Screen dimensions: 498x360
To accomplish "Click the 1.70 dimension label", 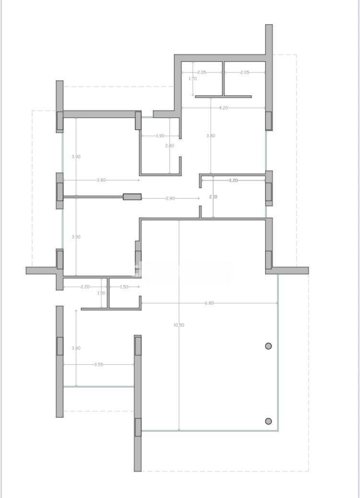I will pyautogui.click(x=192, y=78).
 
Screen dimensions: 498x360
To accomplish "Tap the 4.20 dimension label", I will pyautogui.click(x=223, y=108).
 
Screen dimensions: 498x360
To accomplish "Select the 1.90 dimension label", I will pyautogui.click(x=160, y=136).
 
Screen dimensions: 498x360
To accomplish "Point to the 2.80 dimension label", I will pyautogui.click(x=169, y=146).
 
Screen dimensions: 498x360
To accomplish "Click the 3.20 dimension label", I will pyautogui.click(x=233, y=181).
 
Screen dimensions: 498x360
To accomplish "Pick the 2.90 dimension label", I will pyautogui.click(x=170, y=198).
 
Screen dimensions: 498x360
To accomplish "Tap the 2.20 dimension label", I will pyautogui.click(x=85, y=287).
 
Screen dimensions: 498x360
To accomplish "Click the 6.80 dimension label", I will pyautogui.click(x=209, y=303).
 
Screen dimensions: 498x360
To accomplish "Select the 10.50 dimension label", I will pyautogui.click(x=179, y=325).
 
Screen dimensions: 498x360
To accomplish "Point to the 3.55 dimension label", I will pyautogui.click(x=98, y=364).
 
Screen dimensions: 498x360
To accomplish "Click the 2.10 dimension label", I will pyautogui.click(x=213, y=197).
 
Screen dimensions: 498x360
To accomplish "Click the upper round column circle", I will pyautogui.click(x=268, y=346).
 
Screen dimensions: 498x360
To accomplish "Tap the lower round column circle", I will pyautogui.click(x=268, y=421).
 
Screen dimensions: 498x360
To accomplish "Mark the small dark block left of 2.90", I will pyautogui.click(x=132, y=196).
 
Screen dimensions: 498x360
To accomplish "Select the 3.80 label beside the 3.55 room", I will pyautogui.click(x=76, y=348).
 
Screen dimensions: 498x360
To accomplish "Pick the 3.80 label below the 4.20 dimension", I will pyautogui.click(x=211, y=136).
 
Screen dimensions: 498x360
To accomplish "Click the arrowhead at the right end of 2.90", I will pyautogui.click(x=199, y=198).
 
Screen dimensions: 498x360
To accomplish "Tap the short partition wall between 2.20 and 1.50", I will pyautogui.click(x=108, y=293).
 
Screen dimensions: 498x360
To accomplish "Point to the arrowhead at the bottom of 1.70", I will pyautogui.click(x=192, y=95).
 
